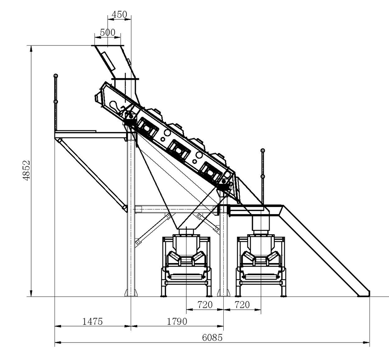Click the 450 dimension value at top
pyautogui.click(x=119, y=14)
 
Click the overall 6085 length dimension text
pyautogui.click(x=212, y=337)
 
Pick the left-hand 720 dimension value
pyautogui.click(x=205, y=304)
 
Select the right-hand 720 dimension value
pyautogui.click(x=242, y=304)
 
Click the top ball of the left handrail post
pyautogui.click(x=56, y=75)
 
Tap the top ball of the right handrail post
pyautogui.click(x=263, y=150)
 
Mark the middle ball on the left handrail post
pyautogui.click(x=56, y=102)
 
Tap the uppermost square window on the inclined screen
pyautogui.click(x=146, y=126)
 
